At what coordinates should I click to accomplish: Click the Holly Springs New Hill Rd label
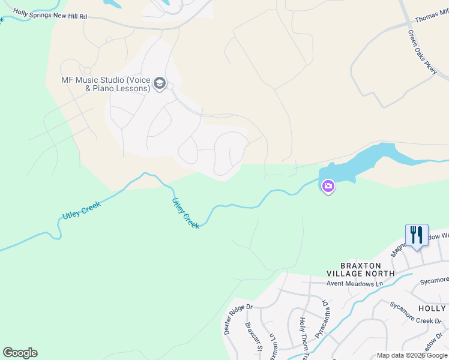click(50, 14)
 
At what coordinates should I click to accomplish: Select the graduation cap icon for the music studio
click(160, 83)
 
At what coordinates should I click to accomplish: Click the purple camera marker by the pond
click(328, 187)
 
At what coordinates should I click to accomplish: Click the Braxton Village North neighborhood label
click(367, 269)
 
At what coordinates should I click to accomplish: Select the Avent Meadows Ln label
click(355, 283)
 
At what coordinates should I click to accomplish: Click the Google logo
click(20, 353)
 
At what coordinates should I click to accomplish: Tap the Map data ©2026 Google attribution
click(412, 355)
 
